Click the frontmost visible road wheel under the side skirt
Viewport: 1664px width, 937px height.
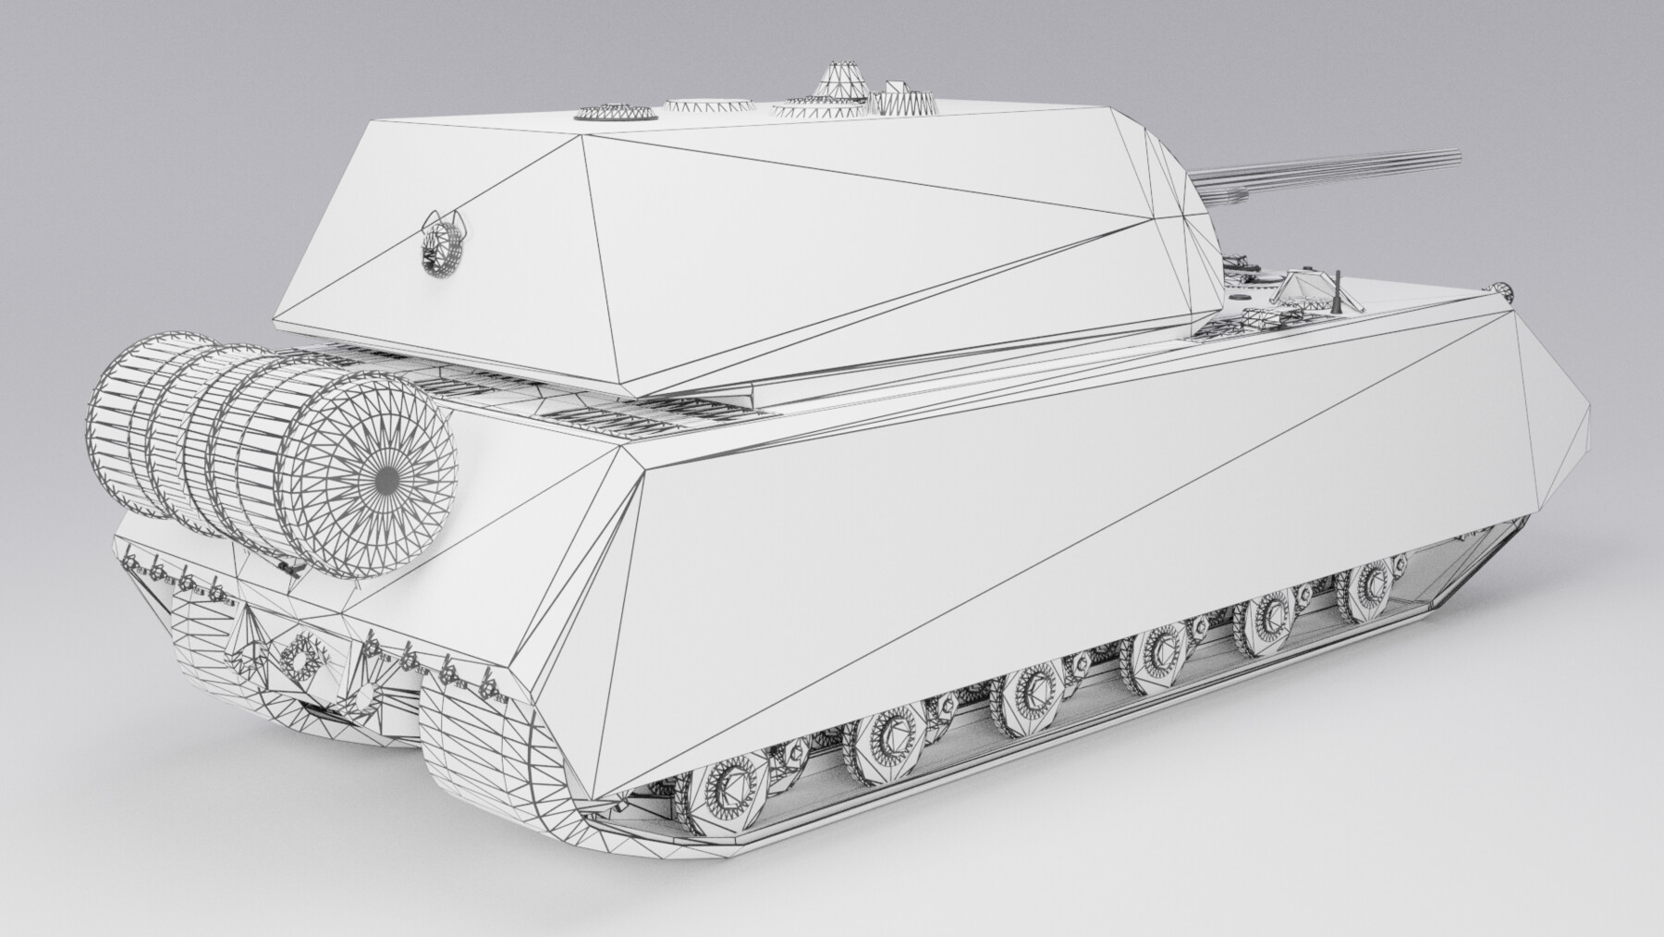tap(1367, 583)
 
